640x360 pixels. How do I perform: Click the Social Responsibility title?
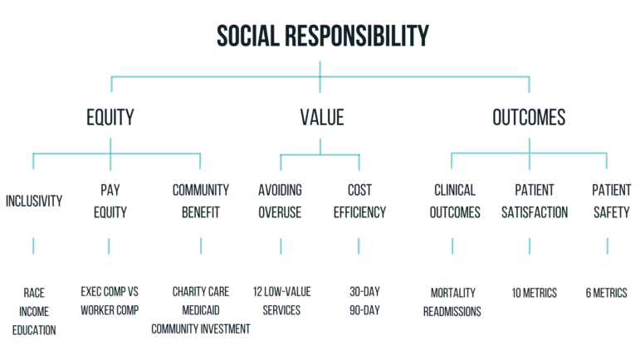(322, 36)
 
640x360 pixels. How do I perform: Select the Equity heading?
(110, 118)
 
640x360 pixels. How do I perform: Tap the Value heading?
(322, 118)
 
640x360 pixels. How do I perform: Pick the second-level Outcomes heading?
(529, 118)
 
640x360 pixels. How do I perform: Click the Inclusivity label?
(34, 201)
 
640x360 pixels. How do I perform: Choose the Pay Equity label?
(110, 201)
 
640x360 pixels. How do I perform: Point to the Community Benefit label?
(200, 201)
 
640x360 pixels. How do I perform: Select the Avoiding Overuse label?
(280, 201)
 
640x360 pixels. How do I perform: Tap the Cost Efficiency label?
(359, 201)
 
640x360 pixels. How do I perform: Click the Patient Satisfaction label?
(535, 201)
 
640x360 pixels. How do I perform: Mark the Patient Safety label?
(612, 201)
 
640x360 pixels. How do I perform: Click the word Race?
(34, 293)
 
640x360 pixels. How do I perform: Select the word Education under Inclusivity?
(34, 330)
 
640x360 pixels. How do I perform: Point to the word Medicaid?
(201, 310)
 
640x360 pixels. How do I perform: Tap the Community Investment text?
(201, 329)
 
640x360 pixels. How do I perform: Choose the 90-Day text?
(365, 310)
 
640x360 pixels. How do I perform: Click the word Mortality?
(453, 293)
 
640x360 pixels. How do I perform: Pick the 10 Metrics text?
(535, 293)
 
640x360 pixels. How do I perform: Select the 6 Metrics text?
(607, 293)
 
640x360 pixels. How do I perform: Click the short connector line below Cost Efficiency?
(359, 246)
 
